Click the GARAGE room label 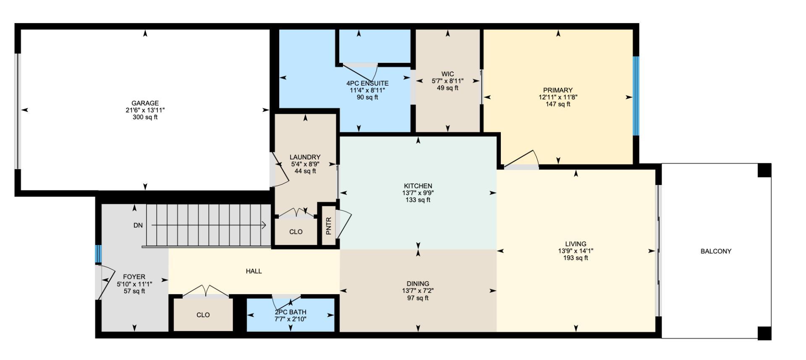coord(145,103)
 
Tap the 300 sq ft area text coord(145,117)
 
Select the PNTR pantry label coord(329,226)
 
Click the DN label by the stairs coord(138,225)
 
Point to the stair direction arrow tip coord(265,225)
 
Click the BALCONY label coord(716,251)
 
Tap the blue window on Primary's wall coord(636,96)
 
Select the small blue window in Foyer coord(98,254)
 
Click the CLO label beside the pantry coord(296,232)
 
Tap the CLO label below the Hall coord(203,315)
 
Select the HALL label coord(254,271)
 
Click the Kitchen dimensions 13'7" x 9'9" coord(418,193)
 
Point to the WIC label coord(447,74)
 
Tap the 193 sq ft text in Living coord(576,258)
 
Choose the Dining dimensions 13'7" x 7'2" coord(418,291)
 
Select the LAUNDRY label coord(305,157)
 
